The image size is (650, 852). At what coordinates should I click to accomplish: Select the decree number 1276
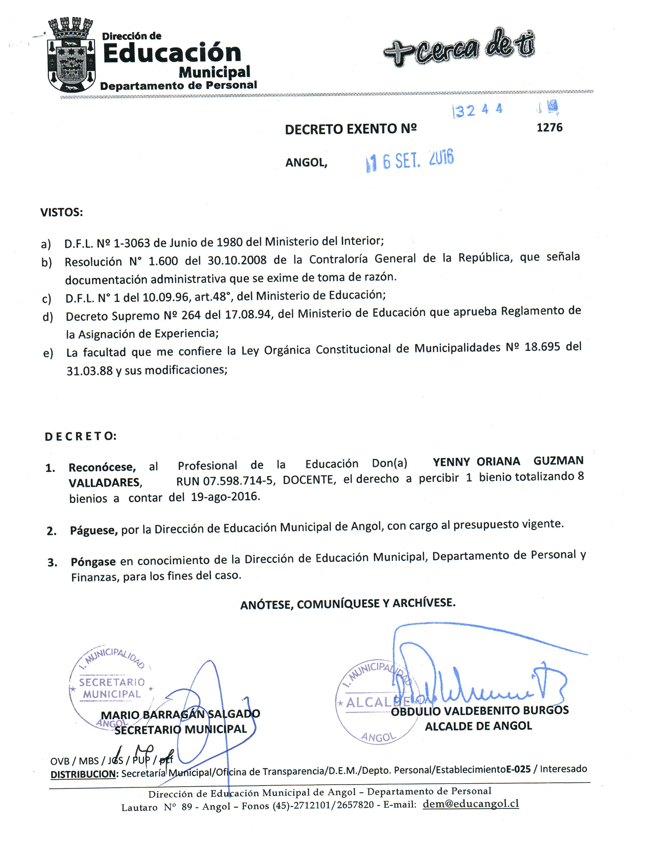(549, 128)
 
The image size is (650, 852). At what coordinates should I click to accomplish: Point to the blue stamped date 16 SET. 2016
(410, 160)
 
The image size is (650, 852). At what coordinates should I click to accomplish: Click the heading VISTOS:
(61, 212)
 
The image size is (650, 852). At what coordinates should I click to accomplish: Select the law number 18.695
(542, 347)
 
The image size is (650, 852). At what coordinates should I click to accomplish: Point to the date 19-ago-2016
(224, 497)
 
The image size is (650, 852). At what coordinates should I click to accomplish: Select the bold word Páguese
(94, 530)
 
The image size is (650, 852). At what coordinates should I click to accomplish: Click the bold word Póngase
(93, 562)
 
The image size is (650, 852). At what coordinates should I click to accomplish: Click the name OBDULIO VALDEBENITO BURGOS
(480, 711)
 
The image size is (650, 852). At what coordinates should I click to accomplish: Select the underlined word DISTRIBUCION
(83, 774)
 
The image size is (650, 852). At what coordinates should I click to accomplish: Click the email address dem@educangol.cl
(470, 804)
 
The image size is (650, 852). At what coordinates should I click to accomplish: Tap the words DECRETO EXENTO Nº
(351, 129)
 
